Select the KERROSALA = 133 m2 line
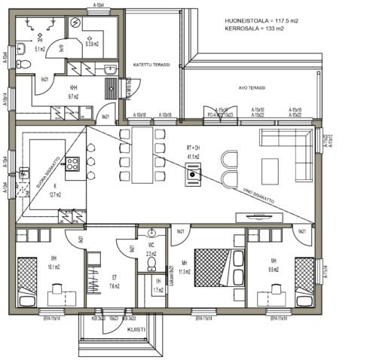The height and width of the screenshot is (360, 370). point(254,29)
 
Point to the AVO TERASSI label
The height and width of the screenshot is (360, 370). point(252,87)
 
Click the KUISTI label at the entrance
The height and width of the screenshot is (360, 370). point(136,329)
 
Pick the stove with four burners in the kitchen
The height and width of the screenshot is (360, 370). point(73,163)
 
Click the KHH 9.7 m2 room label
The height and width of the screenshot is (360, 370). point(74,93)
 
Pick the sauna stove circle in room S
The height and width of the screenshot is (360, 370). point(76,23)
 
